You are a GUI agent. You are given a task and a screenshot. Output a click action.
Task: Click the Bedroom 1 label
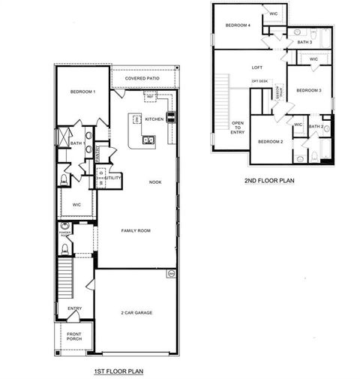(x=82, y=92)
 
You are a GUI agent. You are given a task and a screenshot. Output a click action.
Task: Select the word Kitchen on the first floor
(x=154, y=119)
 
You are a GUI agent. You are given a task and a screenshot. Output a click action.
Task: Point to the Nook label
(x=154, y=182)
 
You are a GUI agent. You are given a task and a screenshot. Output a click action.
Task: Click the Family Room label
(x=136, y=231)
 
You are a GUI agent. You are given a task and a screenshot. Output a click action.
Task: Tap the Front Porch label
(x=74, y=337)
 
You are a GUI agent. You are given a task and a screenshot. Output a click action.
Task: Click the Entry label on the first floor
(x=75, y=308)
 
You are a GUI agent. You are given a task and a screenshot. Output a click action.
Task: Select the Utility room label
(x=113, y=178)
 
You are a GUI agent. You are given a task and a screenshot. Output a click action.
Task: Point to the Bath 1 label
(x=76, y=143)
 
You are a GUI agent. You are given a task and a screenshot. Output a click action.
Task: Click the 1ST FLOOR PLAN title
(x=118, y=370)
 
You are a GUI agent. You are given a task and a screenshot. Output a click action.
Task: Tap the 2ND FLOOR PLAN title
(x=268, y=180)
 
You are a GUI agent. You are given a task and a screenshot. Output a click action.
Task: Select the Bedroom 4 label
(x=238, y=26)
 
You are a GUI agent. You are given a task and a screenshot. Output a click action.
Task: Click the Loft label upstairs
(x=256, y=68)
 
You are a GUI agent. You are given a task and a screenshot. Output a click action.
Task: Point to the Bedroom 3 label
(x=308, y=91)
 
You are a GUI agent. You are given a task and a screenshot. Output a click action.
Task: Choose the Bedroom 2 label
(x=270, y=141)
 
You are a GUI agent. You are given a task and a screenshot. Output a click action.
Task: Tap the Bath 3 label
(x=304, y=42)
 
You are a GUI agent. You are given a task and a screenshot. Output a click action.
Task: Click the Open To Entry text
(x=238, y=127)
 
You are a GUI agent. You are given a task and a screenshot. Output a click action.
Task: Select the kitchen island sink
(x=147, y=140)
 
